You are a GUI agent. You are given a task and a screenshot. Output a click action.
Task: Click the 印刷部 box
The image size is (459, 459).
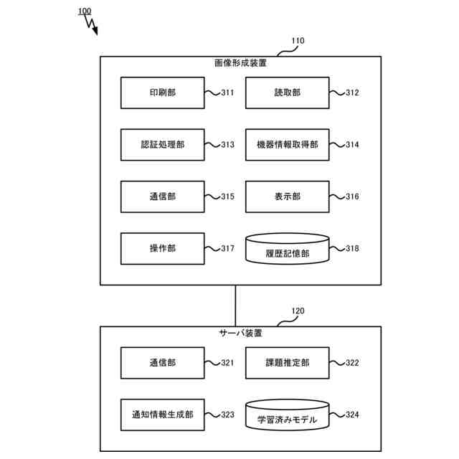point(163,93)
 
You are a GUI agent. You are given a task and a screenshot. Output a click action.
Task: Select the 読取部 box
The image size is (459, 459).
point(288,93)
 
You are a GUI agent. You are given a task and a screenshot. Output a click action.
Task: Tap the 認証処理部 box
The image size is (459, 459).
point(163,145)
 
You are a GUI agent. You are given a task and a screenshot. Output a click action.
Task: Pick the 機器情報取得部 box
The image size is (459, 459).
point(288,145)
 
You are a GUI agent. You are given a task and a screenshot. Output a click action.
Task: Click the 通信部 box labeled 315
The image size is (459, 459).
point(163,197)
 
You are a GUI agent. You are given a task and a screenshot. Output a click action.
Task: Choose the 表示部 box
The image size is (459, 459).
point(288,197)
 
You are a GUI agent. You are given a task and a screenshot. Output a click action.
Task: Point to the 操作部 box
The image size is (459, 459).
point(163,248)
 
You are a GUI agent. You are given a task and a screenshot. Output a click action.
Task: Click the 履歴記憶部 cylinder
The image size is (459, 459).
point(288,250)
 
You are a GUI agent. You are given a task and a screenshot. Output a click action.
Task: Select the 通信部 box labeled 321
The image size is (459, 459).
point(163,363)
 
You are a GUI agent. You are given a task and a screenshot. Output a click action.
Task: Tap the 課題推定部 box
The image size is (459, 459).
point(288,363)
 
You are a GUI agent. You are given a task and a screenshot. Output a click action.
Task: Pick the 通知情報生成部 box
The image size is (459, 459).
point(163,415)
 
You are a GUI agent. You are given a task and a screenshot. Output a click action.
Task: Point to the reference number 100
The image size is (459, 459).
point(83,11)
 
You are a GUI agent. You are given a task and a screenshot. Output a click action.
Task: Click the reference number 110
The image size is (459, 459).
point(296,41)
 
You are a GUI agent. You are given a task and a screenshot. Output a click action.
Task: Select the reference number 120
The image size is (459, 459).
point(297,311)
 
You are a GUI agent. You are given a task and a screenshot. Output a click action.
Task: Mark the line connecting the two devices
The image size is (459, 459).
point(235,306)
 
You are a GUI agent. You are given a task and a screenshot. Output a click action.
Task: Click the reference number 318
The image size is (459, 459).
point(352,249)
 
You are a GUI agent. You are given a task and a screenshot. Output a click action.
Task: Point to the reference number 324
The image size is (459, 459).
point(352,415)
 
